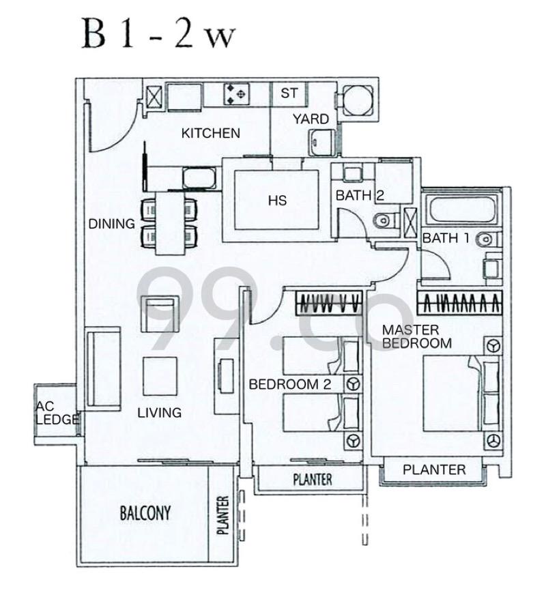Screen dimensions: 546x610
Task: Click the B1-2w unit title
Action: point(158,35)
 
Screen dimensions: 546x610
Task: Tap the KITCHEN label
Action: point(210,134)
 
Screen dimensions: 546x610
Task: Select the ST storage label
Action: point(289,93)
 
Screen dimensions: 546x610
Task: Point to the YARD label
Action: point(311,119)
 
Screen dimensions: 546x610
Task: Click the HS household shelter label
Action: point(278,201)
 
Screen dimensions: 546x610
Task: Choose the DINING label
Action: point(112,224)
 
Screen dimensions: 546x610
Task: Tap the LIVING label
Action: point(160,412)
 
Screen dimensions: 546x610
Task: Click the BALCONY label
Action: point(145,513)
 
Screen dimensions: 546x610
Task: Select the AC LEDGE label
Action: point(57,413)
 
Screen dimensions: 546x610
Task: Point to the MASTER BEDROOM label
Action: point(417,336)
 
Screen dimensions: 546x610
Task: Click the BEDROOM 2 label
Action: point(290,384)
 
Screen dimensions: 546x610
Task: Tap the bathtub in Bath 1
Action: point(461,210)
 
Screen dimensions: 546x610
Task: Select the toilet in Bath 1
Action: point(489,239)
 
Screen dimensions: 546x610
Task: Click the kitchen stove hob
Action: point(236,94)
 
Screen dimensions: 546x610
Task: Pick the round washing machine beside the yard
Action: point(357,100)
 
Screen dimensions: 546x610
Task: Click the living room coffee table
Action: point(160,377)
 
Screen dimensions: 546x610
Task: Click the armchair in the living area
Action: point(160,314)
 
